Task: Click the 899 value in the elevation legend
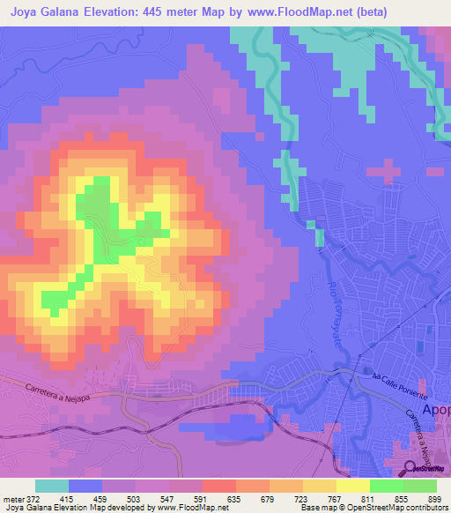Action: (x=433, y=499)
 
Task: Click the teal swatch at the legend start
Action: (x=51, y=486)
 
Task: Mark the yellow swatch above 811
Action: (x=353, y=486)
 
